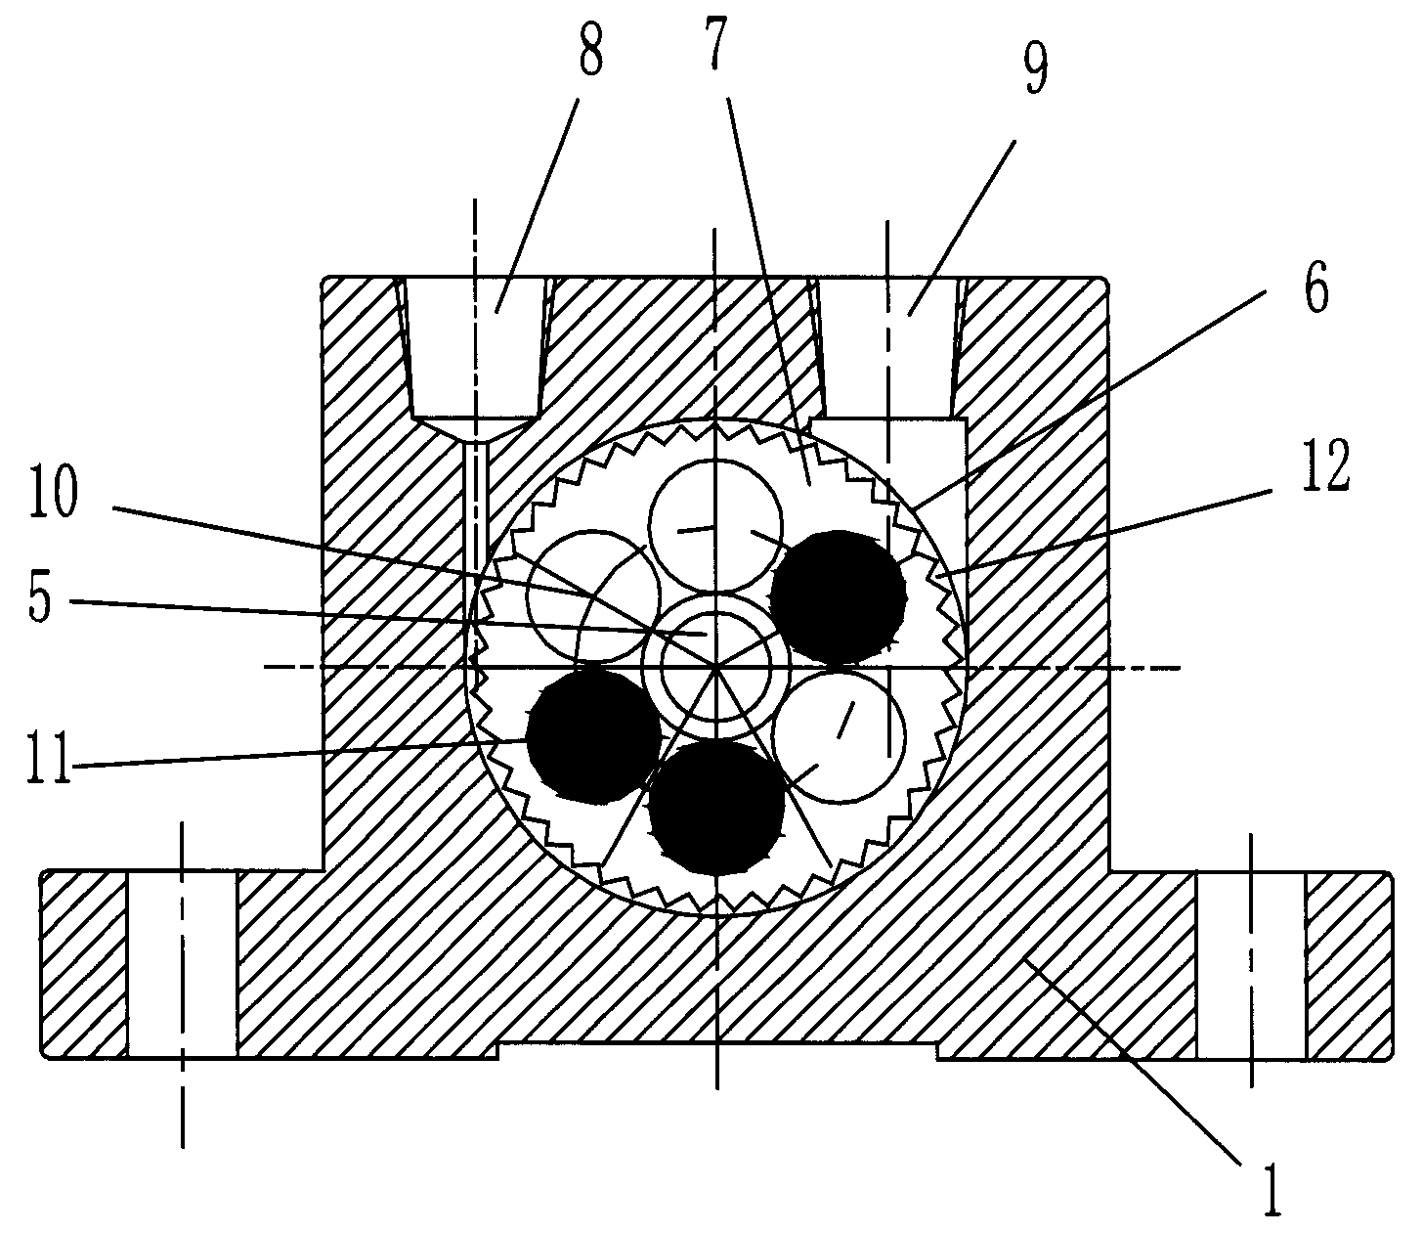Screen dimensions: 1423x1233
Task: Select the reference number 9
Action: tap(1035, 67)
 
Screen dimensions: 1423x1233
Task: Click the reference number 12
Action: tap(1324, 467)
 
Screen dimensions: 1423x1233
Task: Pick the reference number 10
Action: tap(55, 492)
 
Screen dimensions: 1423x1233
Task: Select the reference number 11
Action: tap(50, 758)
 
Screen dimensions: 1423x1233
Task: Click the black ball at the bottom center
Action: tap(716, 808)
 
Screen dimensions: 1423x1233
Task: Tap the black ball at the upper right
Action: tap(838, 597)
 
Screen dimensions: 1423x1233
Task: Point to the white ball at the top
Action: tap(716, 525)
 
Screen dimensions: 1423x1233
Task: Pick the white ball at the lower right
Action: tap(839, 735)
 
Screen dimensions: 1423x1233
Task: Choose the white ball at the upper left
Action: tap(593, 596)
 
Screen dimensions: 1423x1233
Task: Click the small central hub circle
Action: tap(716, 667)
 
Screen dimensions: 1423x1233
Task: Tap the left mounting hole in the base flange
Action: tap(182, 964)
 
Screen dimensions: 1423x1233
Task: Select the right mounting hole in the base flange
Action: tap(1251, 964)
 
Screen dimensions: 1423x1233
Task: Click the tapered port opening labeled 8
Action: tap(475, 348)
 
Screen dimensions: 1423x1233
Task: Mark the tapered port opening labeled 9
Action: tap(888, 348)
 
